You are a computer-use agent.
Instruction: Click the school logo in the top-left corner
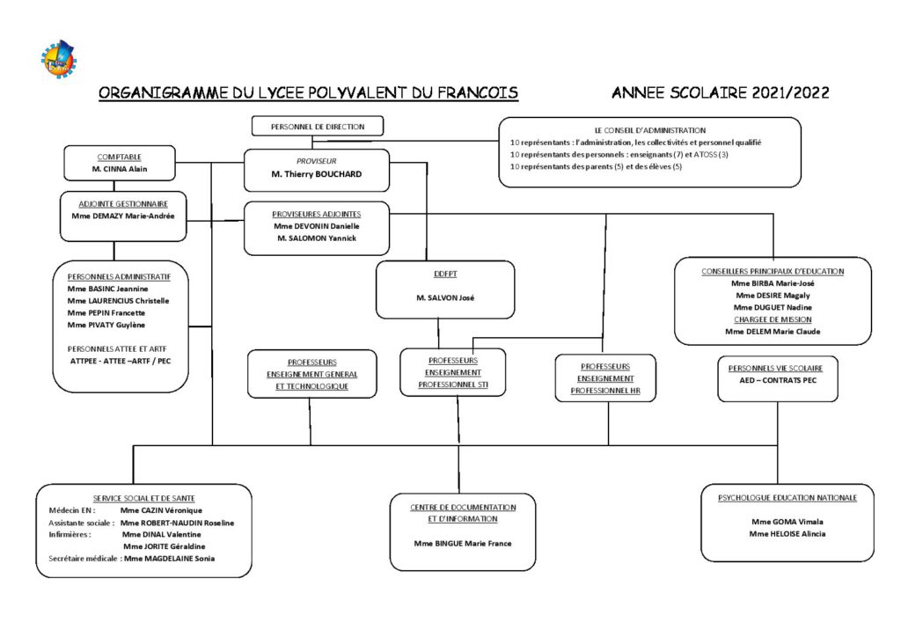point(59,57)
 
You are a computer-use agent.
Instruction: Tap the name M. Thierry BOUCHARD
point(316,174)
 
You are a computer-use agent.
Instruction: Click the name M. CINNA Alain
point(120,168)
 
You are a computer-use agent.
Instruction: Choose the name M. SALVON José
point(445,298)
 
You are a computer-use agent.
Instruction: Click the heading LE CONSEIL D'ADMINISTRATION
point(649,130)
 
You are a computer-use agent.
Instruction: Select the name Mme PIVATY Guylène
point(106,325)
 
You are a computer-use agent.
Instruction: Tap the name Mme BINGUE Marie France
point(463,543)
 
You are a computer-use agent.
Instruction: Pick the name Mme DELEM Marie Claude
point(773,332)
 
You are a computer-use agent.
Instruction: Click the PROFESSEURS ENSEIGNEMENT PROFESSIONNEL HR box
point(605,377)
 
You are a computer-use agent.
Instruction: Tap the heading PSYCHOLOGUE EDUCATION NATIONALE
point(787,498)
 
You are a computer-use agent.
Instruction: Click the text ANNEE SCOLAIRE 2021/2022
point(720,92)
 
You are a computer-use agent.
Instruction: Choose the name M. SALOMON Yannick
point(317,238)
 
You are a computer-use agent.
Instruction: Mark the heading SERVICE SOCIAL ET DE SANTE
point(144,498)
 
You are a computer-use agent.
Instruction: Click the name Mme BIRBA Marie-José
point(773,283)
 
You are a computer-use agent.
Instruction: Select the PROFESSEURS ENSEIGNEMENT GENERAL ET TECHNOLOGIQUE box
point(311,374)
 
